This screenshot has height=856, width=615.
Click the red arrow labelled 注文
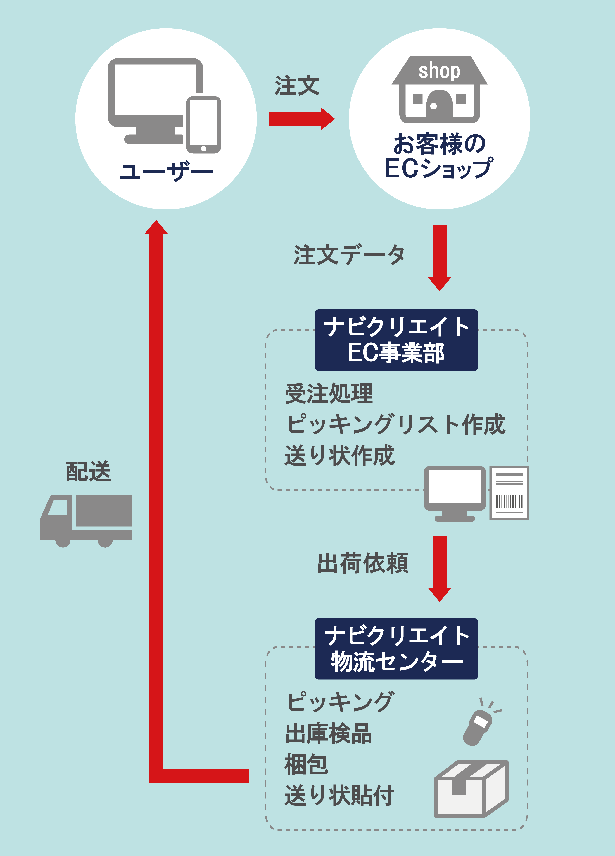(x=301, y=119)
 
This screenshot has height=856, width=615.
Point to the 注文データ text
(x=349, y=255)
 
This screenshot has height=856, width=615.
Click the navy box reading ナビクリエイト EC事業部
(x=396, y=340)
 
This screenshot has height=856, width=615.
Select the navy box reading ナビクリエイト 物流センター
(x=396, y=649)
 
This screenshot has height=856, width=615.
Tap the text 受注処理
(x=329, y=394)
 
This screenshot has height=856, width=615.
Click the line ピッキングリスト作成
(x=395, y=425)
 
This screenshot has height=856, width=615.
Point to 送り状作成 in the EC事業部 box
(x=339, y=456)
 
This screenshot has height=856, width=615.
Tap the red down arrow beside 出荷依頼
(x=439, y=568)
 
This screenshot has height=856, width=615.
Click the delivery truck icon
(x=86, y=520)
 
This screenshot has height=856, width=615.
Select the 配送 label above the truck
(x=88, y=472)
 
